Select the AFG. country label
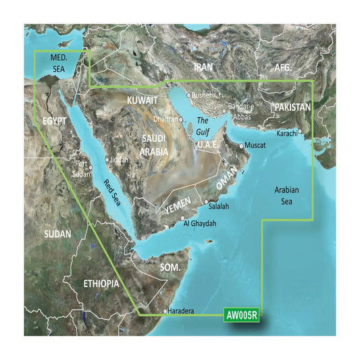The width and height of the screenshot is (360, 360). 282,68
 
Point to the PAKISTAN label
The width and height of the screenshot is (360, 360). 292,107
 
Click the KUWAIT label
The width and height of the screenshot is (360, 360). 142,100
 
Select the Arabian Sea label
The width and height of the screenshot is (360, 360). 288,197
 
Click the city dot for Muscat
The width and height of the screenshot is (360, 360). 241,146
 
